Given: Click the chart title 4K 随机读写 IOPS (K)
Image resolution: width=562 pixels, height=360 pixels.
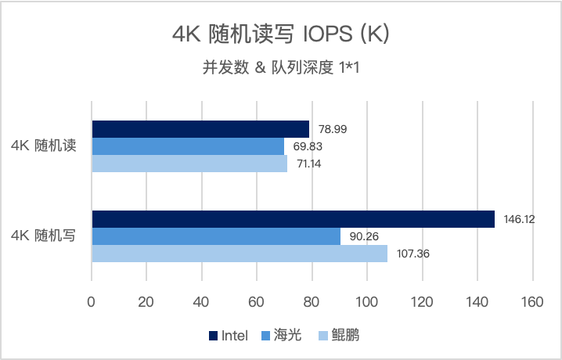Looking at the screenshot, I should click(280, 35).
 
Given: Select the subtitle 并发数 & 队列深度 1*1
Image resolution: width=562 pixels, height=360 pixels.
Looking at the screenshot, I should click(280, 68).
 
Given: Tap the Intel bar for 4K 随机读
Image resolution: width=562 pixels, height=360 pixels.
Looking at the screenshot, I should click(200, 128).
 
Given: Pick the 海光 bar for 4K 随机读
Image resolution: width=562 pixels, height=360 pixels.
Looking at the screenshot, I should click(188, 146).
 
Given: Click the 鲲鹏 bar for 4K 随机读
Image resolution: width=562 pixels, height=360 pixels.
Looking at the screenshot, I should click(189, 164).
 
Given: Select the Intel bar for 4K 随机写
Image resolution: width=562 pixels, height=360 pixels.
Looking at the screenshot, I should click(293, 219).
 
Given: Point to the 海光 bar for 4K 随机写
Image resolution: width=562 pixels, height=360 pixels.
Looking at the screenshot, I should click(216, 236).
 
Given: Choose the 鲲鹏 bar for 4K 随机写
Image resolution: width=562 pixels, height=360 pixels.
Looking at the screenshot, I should click(240, 254).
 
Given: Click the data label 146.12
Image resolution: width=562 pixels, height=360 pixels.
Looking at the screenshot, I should click(519, 220).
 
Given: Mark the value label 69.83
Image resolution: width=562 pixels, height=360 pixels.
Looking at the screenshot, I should click(308, 146).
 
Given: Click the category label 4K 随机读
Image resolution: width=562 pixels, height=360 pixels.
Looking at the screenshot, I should click(43, 146).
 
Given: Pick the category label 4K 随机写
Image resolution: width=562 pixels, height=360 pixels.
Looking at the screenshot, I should click(43, 236).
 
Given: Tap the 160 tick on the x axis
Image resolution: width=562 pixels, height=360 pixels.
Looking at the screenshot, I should click(532, 301).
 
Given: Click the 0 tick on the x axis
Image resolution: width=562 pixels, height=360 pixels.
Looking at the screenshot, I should click(92, 301).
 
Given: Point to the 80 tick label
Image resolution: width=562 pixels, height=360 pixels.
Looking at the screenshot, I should click(312, 301).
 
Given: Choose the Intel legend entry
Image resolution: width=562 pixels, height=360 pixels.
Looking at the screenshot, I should click(229, 336).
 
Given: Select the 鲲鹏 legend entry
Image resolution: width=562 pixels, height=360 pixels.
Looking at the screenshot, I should click(338, 336).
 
